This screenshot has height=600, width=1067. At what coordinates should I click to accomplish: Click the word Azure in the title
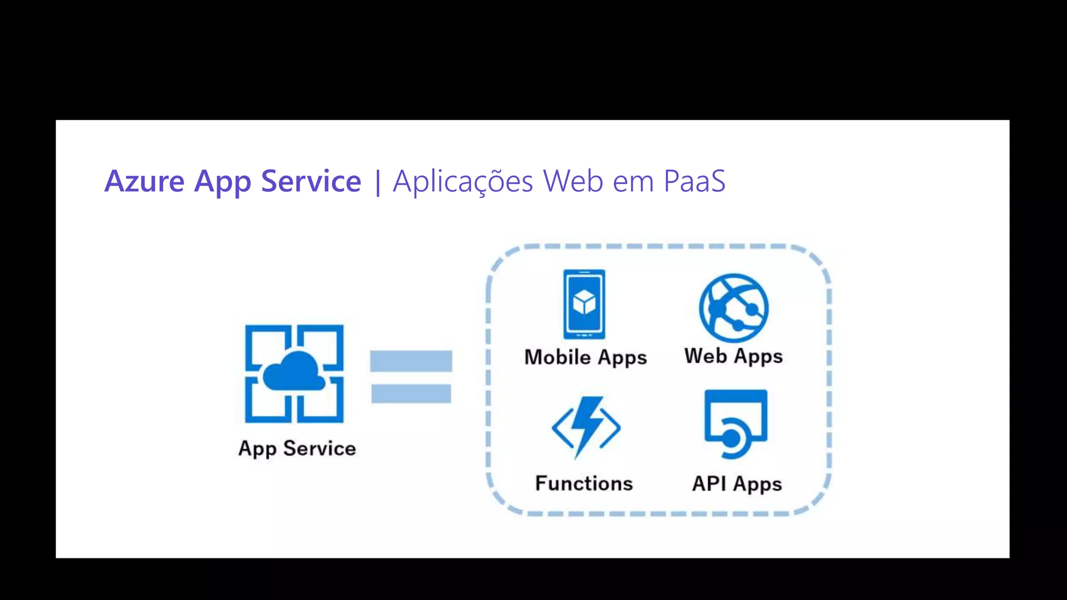pos(144,181)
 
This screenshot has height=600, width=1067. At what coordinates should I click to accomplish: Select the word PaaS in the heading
pos(694,181)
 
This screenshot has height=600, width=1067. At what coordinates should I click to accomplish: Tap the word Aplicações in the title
pos(463,181)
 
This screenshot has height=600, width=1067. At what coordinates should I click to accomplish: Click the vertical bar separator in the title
pos(378,182)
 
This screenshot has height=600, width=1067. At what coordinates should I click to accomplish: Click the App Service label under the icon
pos(297,448)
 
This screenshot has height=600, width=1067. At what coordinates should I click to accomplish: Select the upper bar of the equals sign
pos(411,361)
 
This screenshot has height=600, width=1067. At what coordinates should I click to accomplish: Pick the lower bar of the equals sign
pos(411,394)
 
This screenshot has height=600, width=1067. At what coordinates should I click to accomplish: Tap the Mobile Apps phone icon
pos(584,304)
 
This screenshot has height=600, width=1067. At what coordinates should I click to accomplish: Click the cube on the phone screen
pos(584,302)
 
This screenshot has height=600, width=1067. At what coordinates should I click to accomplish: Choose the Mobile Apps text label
pos(586,357)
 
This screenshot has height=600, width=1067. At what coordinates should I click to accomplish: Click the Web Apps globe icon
pos(734,307)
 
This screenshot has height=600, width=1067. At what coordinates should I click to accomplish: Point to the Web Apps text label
pos(734,356)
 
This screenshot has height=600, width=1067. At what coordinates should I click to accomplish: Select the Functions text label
pos(584,483)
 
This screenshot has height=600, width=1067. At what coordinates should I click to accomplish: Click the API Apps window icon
pos(736,423)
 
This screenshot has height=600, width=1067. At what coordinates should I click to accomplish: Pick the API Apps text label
pos(737,484)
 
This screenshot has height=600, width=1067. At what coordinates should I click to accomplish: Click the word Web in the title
pos(573,181)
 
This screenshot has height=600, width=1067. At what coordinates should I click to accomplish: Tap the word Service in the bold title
pos(311,181)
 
